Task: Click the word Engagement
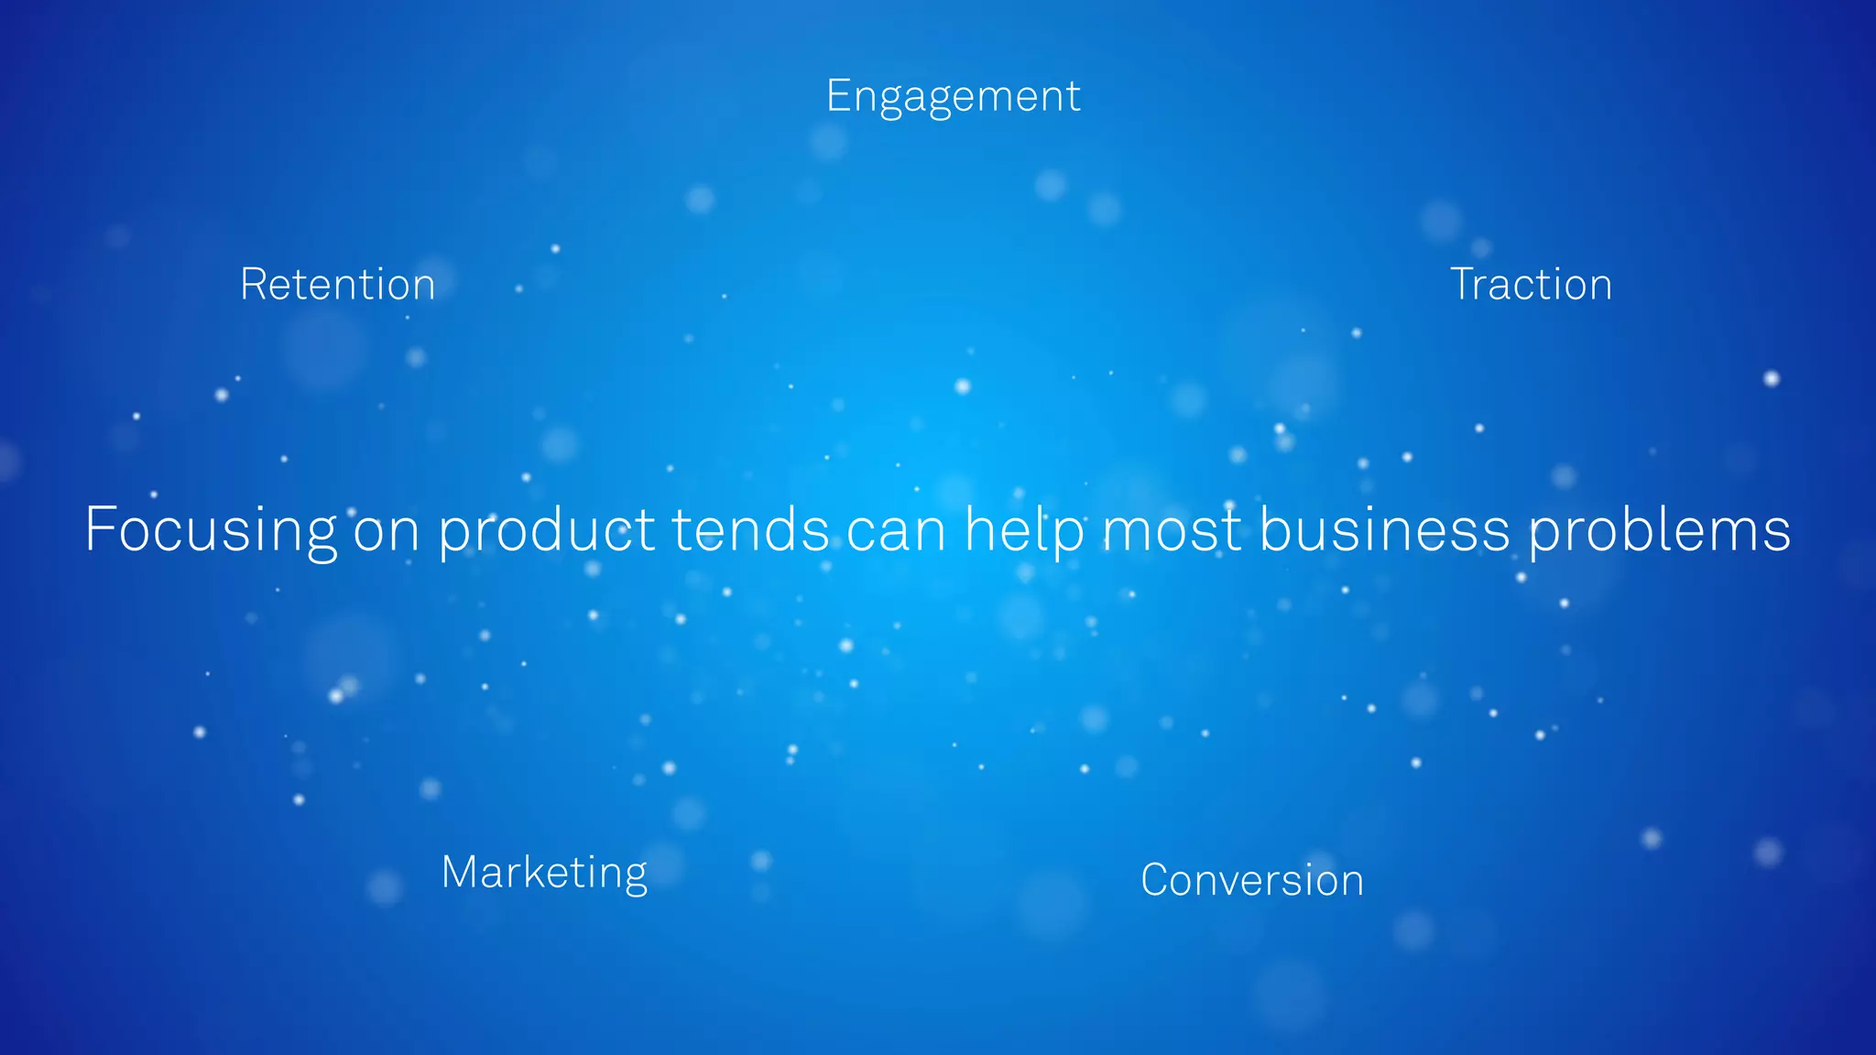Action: [x=953, y=97]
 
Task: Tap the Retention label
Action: [x=337, y=285]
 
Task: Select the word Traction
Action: [x=1531, y=285]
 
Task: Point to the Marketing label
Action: [x=544, y=873]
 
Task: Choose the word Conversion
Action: [x=1252, y=881]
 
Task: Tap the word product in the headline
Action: [x=547, y=531]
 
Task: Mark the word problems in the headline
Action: [x=1659, y=531]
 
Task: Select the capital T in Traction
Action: [x=1464, y=284]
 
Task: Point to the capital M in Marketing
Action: [x=461, y=871]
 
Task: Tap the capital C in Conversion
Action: [x=1158, y=880]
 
